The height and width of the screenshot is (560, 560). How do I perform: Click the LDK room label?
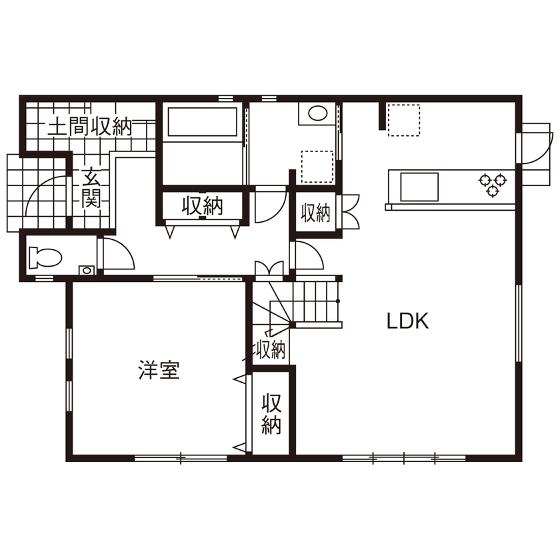tap(407, 321)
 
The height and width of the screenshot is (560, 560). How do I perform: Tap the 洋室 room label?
tap(159, 371)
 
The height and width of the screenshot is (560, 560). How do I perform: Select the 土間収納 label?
tap(90, 127)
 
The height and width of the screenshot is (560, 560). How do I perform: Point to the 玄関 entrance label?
tap(91, 189)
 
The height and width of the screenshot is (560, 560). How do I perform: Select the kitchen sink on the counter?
tap(419, 187)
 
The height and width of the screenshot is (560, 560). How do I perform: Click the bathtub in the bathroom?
tap(202, 122)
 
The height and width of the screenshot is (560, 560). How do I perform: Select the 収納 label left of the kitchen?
tap(315, 213)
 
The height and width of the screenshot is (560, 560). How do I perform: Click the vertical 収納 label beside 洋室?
tap(271, 414)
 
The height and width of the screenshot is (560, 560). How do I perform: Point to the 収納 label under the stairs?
tap(270, 349)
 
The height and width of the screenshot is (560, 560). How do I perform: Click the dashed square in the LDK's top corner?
tap(404, 120)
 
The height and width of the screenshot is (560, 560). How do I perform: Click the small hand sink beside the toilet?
tap(86, 269)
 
